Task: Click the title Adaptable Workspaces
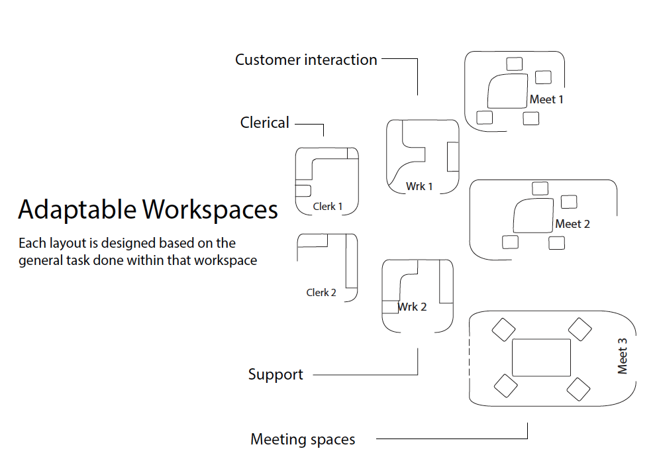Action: [148, 209]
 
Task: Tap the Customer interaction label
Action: [306, 60]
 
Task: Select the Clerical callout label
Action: [265, 123]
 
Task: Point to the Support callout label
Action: [276, 374]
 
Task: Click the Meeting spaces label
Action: [303, 439]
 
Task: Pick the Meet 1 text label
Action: [546, 100]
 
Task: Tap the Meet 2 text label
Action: [572, 224]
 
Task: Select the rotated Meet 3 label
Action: [622, 356]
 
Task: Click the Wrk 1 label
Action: [419, 186]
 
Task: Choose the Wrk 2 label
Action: [413, 307]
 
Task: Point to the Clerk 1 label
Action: [328, 207]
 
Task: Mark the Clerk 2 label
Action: [321, 292]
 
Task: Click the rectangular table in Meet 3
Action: [541, 358]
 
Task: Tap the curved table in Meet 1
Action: [507, 92]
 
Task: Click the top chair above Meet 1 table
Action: [514, 64]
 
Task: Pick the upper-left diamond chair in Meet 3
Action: [503, 329]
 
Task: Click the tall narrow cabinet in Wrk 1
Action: [452, 156]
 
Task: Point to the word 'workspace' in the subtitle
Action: [225, 260]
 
